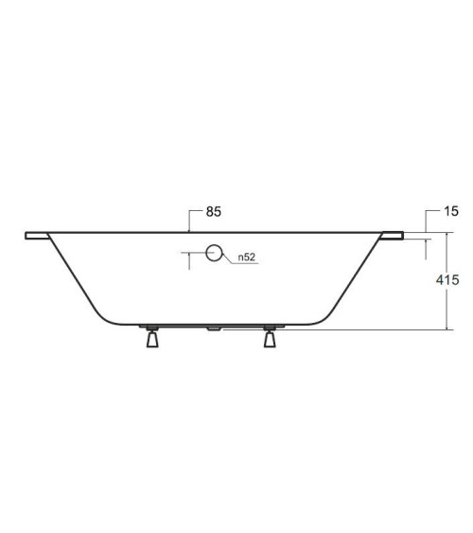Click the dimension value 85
(x=212, y=213)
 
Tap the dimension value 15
(x=453, y=213)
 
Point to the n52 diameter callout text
(x=247, y=258)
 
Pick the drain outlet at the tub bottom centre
(x=212, y=329)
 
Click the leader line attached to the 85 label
(x=190, y=220)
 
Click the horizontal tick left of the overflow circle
(x=192, y=253)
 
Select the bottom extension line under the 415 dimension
(x=388, y=329)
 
